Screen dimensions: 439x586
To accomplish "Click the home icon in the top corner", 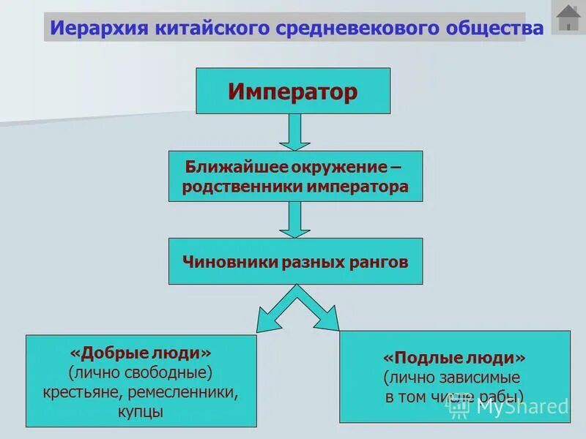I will coord(568,18).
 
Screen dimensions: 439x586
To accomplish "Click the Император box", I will coord(292,91).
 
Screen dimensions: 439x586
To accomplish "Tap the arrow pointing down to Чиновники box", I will coord(294,219).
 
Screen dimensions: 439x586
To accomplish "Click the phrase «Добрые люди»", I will coord(141,353).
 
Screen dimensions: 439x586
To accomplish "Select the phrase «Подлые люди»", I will coord(454,359).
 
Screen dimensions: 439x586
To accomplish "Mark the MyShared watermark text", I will coord(521,406).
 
